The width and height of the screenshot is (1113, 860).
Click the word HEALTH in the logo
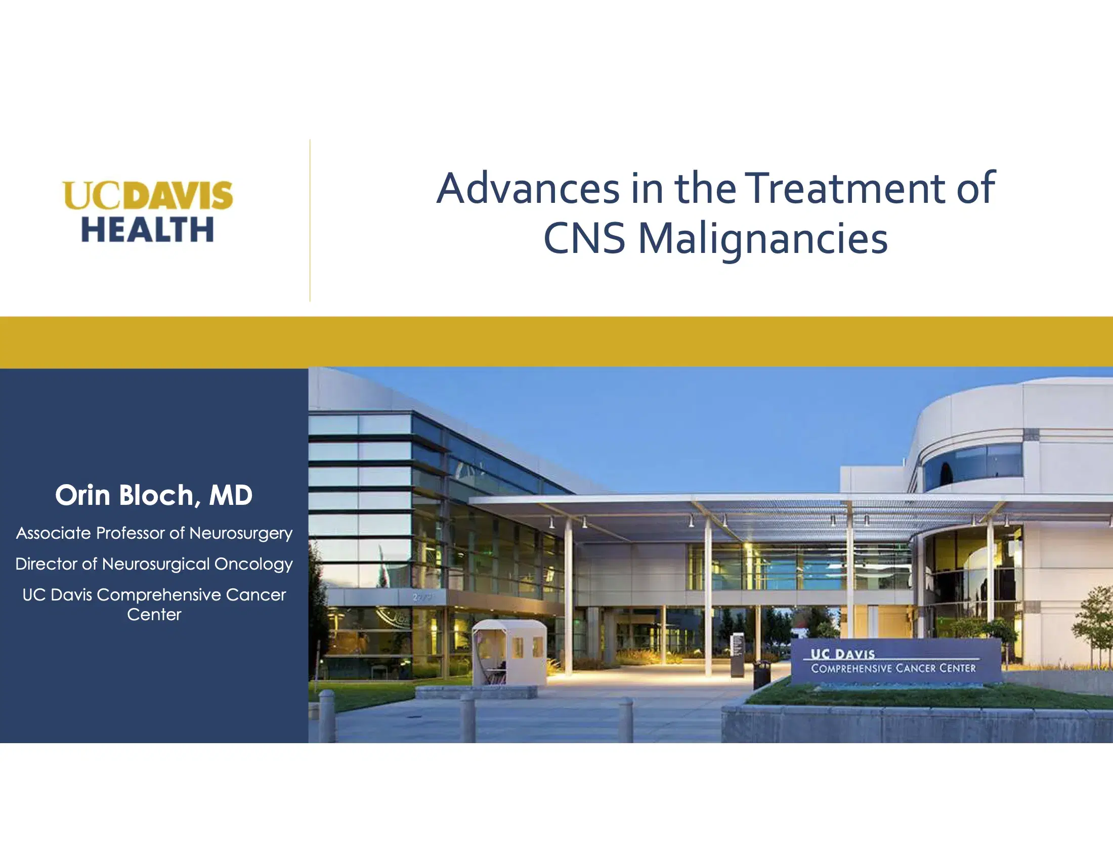[x=147, y=229]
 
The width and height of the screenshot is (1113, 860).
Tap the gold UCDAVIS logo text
[x=148, y=195]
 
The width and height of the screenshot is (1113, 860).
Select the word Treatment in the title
[x=847, y=189]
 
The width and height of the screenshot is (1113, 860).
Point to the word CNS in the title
[x=584, y=238]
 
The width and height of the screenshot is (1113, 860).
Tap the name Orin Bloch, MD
[x=154, y=495]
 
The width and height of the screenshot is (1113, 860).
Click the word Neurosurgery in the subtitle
[x=241, y=533]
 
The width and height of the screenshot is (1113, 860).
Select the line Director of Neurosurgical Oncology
[x=154, y=564]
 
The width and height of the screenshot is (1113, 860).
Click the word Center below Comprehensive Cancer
[x=154, y=615]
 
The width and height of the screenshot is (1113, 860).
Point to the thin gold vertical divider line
[x=310, y=220]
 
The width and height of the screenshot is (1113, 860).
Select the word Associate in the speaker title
[x=54, y=533]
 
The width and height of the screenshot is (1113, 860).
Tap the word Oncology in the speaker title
[x=253, y=565]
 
